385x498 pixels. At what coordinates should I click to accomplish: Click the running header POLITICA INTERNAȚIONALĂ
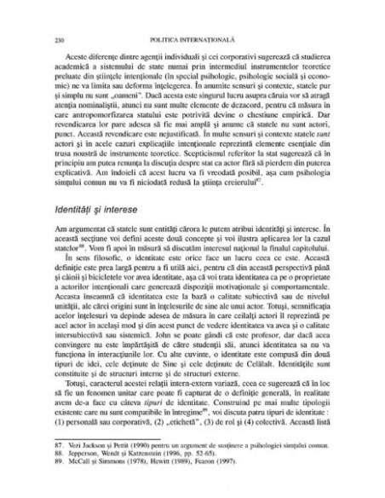click(192, 16)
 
